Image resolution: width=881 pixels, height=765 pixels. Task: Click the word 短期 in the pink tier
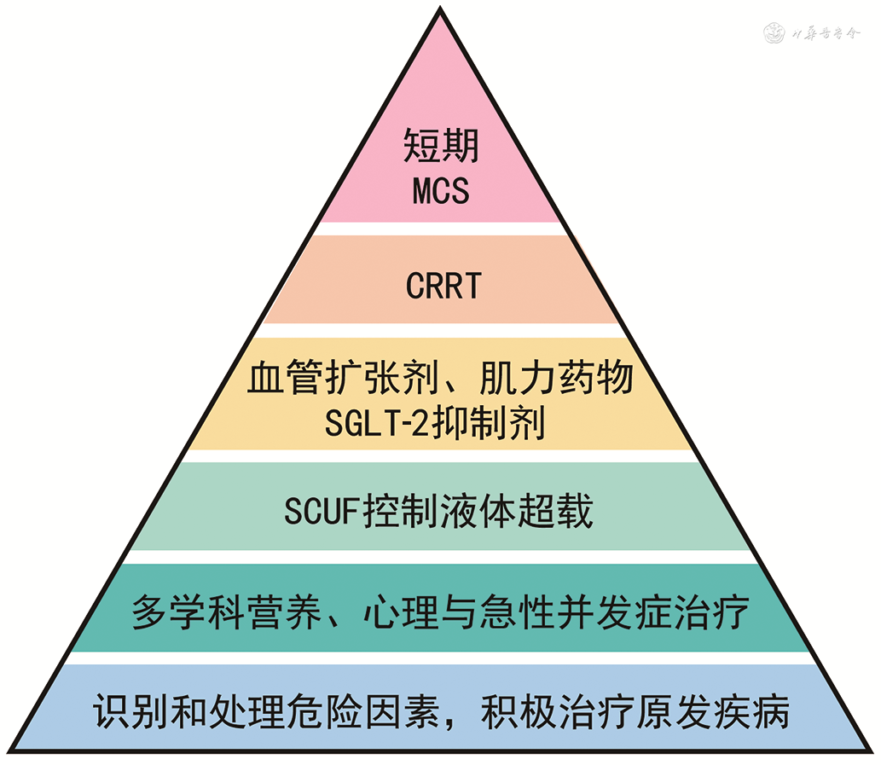(x=441, y=146)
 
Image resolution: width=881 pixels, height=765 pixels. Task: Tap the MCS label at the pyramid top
(x=441, y=190)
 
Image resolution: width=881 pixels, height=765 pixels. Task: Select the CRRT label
(x=443, y=287)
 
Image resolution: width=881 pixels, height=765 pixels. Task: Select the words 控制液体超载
(x=478, y=513)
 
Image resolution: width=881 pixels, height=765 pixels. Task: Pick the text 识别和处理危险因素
(x=259, y=712)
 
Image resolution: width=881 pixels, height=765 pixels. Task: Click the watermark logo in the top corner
(x=777, y=35)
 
